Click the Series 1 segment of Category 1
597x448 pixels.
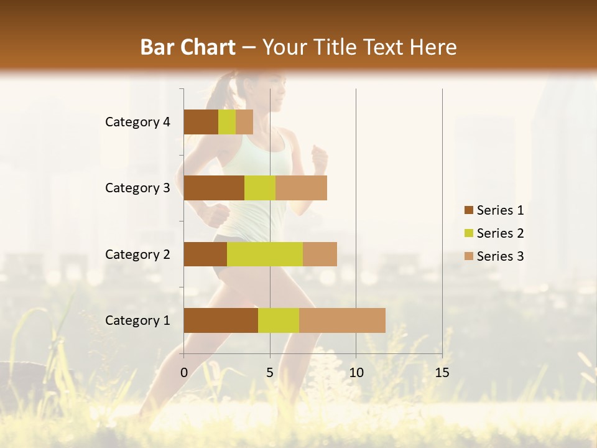point(221,320)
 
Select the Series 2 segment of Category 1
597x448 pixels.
point(279,320)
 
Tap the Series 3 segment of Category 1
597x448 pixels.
point(342,320)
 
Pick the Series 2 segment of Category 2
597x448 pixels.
point(265,254)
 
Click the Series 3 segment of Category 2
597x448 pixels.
point(320,254)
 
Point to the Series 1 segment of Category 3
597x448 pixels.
point(214,188)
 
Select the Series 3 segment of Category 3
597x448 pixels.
point(301,188)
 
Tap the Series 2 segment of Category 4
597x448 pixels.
point(227,122)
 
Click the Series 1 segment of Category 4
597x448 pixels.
point(201,122)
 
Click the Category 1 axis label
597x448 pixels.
point(137,320)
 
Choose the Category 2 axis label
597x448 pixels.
point(137,254)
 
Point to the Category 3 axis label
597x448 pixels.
point(137,188)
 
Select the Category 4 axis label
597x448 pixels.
point(137,122)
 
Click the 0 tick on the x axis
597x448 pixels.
point(184,373)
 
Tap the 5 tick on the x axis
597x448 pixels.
point(270,373)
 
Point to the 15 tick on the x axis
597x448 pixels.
point(442,373)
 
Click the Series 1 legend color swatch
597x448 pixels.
point(468,210)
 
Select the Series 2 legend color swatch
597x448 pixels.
point(468,233)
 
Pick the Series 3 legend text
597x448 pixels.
point(500,256)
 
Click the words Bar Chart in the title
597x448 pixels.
point(188,47)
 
